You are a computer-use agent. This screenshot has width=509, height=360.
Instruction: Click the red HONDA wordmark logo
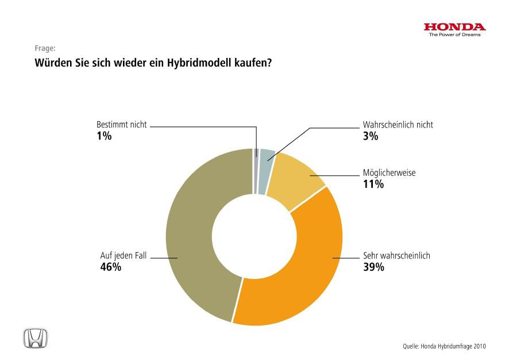click(454, 27)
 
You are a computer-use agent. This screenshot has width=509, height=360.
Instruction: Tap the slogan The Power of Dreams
click(454, 34)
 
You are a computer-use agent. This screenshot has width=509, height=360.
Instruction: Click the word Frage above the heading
click(45, 49)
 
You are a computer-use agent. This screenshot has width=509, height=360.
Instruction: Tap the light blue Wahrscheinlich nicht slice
click(265, 171)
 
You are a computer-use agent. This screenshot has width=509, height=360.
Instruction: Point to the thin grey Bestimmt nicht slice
click(256, 171)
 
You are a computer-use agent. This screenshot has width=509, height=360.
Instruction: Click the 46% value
click(110, 267)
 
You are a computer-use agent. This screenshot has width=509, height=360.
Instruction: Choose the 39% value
click(373, 267)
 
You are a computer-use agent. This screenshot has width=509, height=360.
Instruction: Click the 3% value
click(371, 136)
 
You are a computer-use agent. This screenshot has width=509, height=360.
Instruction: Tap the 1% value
click(103, 136)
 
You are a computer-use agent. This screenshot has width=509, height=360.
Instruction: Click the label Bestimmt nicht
click(121, 125)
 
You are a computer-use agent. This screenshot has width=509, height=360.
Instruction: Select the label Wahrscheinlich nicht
click(398, 125)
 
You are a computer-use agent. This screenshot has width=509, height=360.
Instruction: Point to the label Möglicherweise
click(389, 173)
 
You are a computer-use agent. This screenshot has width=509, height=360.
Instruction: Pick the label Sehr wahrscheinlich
click(396, 256)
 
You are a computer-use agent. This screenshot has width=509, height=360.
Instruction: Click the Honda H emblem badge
click(36, 338)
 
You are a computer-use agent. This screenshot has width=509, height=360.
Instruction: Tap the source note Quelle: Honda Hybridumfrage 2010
click(444, 346)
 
